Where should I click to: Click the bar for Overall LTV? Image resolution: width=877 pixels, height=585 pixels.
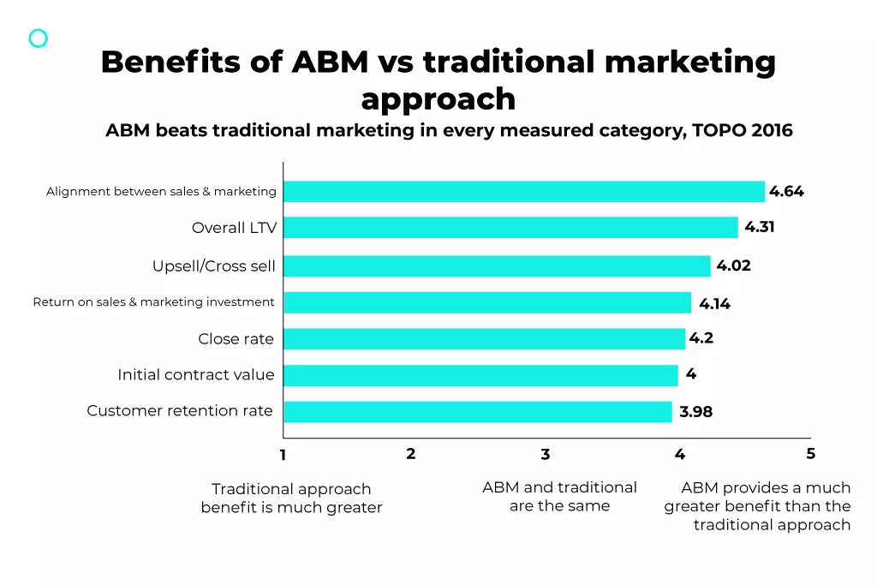510,228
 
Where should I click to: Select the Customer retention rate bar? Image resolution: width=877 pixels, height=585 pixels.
477,412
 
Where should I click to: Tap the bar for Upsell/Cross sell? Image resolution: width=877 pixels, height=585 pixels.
497,266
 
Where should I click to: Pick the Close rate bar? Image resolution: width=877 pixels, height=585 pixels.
484,339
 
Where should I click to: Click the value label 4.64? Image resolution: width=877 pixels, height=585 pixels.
786,192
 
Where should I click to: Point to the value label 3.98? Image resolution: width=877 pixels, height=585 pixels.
695,412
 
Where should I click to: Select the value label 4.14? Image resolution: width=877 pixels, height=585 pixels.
714,303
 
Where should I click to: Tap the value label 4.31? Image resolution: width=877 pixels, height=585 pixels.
759,228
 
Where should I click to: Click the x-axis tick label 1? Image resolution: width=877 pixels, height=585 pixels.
283,456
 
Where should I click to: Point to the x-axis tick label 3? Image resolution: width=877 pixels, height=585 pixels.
545,455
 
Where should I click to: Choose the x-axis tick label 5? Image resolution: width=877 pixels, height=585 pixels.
810,454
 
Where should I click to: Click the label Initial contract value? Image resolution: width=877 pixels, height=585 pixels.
196,375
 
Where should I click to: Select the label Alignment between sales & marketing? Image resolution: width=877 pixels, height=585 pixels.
161,192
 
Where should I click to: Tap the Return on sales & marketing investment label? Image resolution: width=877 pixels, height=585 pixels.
154,302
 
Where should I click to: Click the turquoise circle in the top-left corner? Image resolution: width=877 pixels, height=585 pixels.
39,38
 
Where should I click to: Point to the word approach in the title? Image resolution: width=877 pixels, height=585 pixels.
438,99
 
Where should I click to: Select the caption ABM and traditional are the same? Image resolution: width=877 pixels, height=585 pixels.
559,497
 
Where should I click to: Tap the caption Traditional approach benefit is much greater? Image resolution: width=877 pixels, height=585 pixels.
291,498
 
